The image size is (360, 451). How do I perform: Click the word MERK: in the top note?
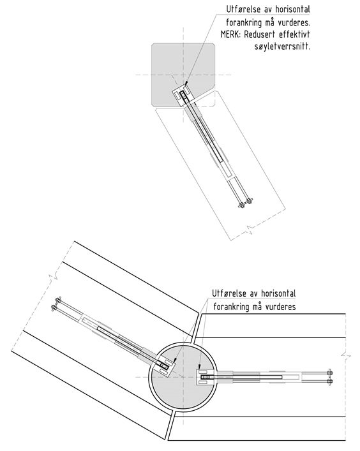[231, 34]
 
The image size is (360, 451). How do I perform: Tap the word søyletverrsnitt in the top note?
[282, 47]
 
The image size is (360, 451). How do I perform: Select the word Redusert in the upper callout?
[260, 34]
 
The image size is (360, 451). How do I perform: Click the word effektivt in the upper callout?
[294, 34]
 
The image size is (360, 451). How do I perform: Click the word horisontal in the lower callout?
[278, 293]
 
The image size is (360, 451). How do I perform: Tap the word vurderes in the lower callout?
[281, 307]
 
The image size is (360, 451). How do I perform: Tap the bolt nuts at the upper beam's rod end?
[246, 203]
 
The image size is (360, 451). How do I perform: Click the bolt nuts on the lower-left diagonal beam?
[56, 304]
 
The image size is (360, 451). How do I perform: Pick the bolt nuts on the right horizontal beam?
[330, 377]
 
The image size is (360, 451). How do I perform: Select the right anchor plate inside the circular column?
[206, 377]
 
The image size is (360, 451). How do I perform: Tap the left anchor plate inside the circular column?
[165, 366]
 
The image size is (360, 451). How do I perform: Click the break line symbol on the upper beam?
[250, 229]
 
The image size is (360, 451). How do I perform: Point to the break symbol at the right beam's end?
[345, 356]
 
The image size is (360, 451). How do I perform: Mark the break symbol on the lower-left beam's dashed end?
[54, 277]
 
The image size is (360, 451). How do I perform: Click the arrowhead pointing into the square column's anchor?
[186, 84]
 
